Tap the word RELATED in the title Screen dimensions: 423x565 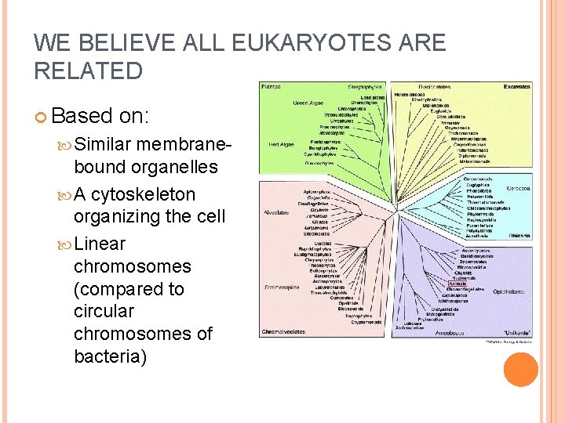(x=89, y=71)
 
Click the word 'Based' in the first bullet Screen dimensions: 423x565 (x=82, y=116)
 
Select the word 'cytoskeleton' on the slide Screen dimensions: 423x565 (x=143, y=193)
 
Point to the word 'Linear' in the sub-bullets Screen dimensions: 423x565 (x=99, y=244)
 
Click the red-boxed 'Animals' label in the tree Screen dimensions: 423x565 (x=457, y=284)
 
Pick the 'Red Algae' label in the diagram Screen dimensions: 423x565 (x=280, y=145)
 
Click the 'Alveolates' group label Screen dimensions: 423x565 (x=276, y=211)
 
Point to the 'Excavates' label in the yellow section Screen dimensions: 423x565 (x=517, y=87)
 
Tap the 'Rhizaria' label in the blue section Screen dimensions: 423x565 (x=519, y=235)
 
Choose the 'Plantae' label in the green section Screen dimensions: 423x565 (x=272, y=87)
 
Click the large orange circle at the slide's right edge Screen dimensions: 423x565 (x=520, y=371)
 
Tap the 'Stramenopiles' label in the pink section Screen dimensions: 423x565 (x=281, y=287)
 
